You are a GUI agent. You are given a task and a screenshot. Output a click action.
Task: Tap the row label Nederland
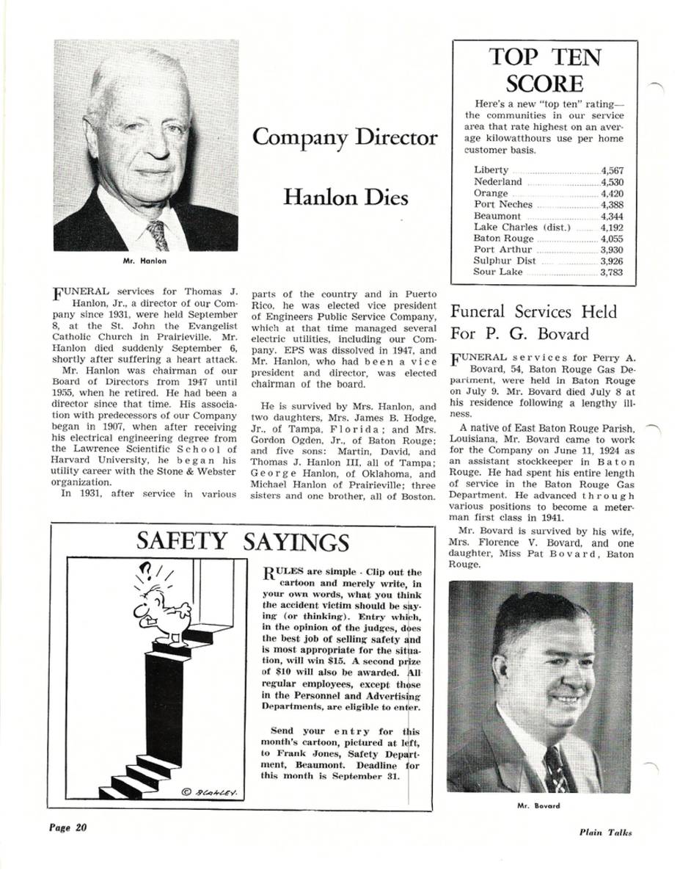pyautogui.click(x=498, y=182)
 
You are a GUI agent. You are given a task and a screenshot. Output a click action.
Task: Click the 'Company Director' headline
pyautogui.click(x=344, y=137)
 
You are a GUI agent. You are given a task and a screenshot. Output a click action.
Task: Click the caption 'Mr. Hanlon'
pyautogui.click(x=144, y=261)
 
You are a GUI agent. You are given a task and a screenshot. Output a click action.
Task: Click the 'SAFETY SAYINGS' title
pyautogui.click(x=243, y=542)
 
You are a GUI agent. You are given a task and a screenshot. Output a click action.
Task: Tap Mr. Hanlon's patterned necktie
pyautogui.click(x=157, y=235)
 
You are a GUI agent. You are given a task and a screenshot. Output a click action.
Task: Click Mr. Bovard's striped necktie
pyautogui.click(x=555, y=768)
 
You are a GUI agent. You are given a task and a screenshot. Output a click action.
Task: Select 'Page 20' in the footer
pyautogui.click(x=68, y=827)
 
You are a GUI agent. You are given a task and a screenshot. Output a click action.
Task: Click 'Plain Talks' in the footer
pyautogui.click(x=604, y=833)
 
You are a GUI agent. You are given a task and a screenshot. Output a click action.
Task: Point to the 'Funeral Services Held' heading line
pyautogui.click(x=533, y=312)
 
